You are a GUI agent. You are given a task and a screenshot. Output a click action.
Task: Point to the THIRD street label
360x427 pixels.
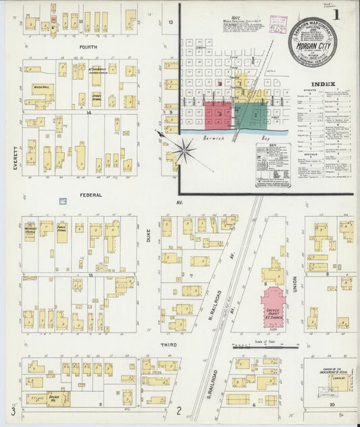pos(168,345)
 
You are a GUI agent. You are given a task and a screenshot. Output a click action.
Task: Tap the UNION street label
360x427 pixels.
pos(295,284)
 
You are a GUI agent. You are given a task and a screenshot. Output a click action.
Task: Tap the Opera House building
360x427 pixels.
pos(57,399)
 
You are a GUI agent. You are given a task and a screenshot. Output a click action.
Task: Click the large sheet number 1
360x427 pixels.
pos(345,15)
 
